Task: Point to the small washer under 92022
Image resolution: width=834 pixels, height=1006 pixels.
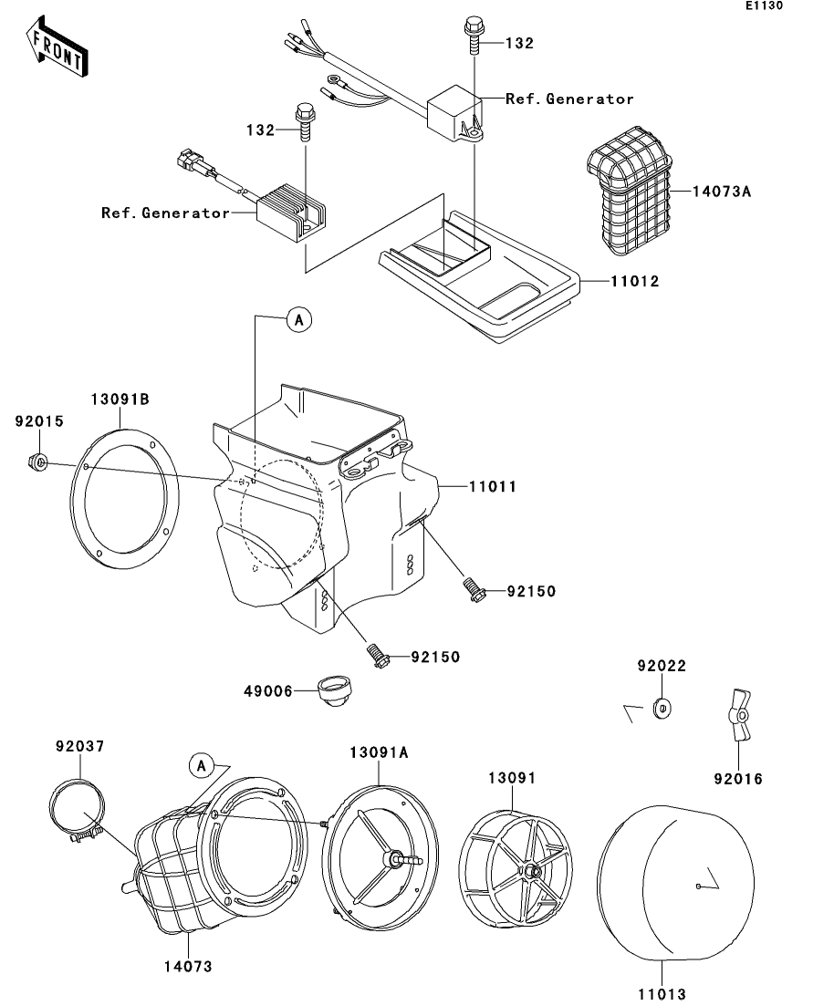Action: click(660, 708)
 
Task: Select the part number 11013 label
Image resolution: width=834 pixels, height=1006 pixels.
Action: click(662, 992)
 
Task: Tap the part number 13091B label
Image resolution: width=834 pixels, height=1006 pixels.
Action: click(119, 399)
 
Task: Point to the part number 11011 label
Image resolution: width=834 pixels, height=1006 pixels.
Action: click(493, 487)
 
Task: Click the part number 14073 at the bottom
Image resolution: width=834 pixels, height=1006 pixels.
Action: click(188, 966)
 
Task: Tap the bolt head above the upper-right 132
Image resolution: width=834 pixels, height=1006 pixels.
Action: click(472, 26)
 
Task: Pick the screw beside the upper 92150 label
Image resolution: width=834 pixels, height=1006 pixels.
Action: click(473, 588)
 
